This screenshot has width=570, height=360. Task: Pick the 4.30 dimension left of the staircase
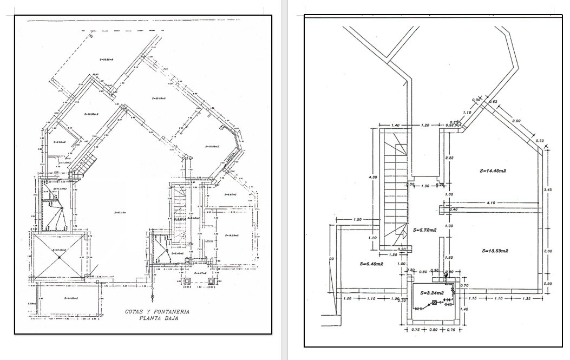[x=371, y=176]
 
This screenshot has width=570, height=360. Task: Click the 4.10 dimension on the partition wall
[x=491, y=203]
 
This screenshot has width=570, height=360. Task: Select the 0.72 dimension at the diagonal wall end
[x=539, y=141]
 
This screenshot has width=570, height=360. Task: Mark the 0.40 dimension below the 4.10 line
[x=454, y=210]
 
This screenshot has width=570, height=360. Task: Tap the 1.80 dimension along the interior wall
[x=448, y=258]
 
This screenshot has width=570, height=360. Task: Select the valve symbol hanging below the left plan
[x=154, y=297]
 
